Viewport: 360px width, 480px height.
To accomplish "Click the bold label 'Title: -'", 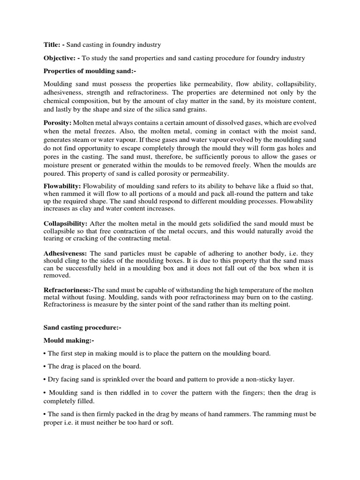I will [x=54, y=45].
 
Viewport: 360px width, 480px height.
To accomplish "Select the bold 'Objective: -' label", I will [x=62, y=58].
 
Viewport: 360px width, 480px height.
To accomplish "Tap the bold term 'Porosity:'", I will [x=58, y=122].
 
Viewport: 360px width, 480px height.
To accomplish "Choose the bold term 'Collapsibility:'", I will [x=65, y=223].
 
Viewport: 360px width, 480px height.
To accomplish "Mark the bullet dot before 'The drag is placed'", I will [x=45, y=366].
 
